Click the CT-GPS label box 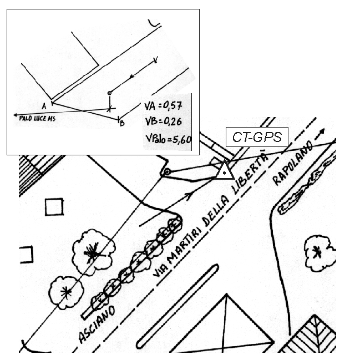point(257,137)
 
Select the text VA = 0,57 point(163,106)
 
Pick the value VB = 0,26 point(163,121)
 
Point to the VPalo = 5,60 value point(168,139)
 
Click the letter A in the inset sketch point(44,106)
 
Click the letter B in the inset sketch point(122,123)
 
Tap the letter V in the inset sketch point(156,60)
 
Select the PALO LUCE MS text point(37,119)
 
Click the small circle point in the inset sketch point(109,93)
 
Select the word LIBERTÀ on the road point(250,172)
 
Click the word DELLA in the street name point(216,211)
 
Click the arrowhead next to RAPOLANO point(322,132)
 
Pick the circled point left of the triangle point(167,171)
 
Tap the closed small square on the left point(54,207)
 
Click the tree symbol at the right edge point(319,252)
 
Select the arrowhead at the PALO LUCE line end point(16,115)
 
